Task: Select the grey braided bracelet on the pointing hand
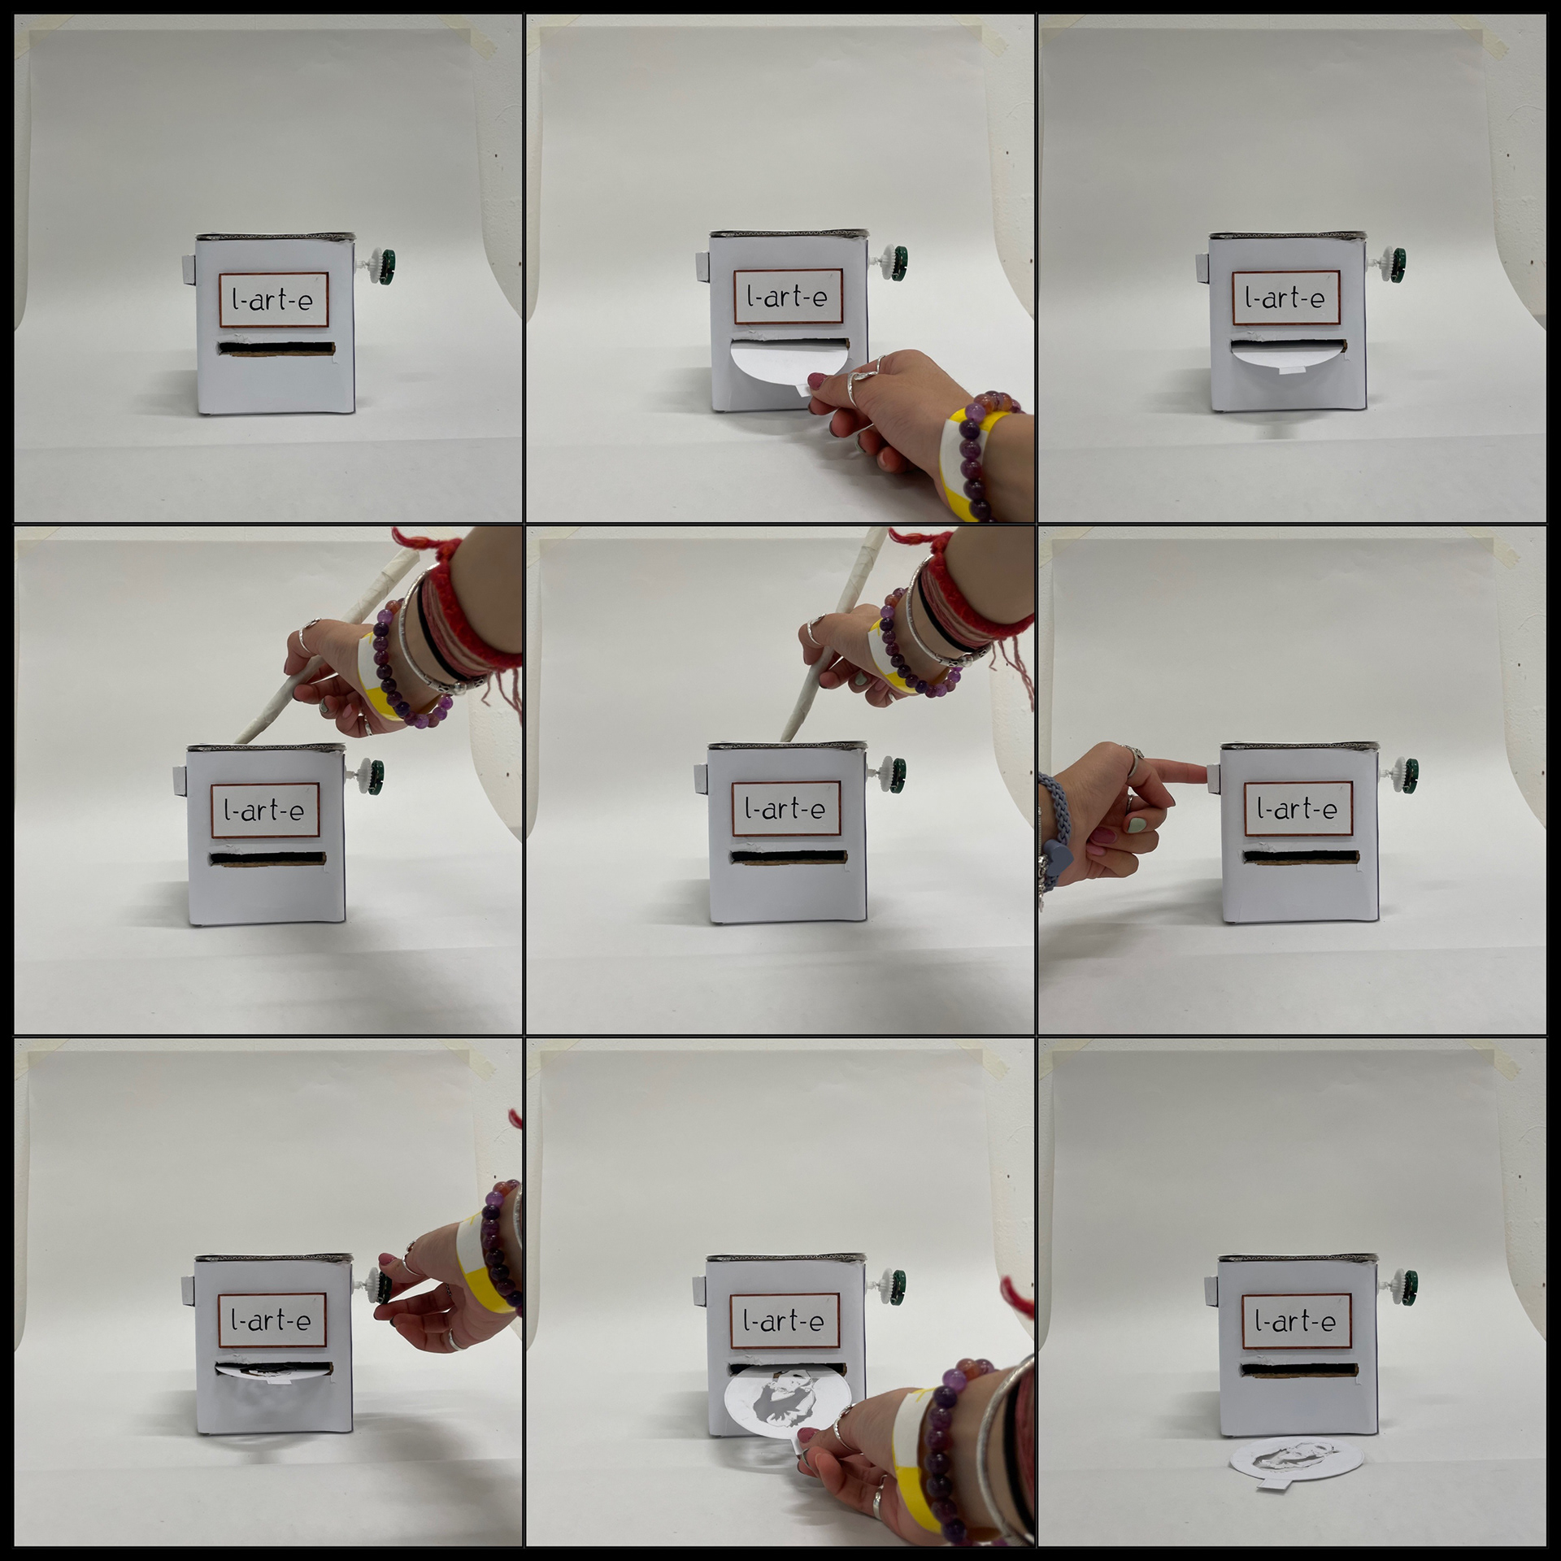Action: (1054, 829)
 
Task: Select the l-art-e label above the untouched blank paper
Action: (1285, 298)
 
